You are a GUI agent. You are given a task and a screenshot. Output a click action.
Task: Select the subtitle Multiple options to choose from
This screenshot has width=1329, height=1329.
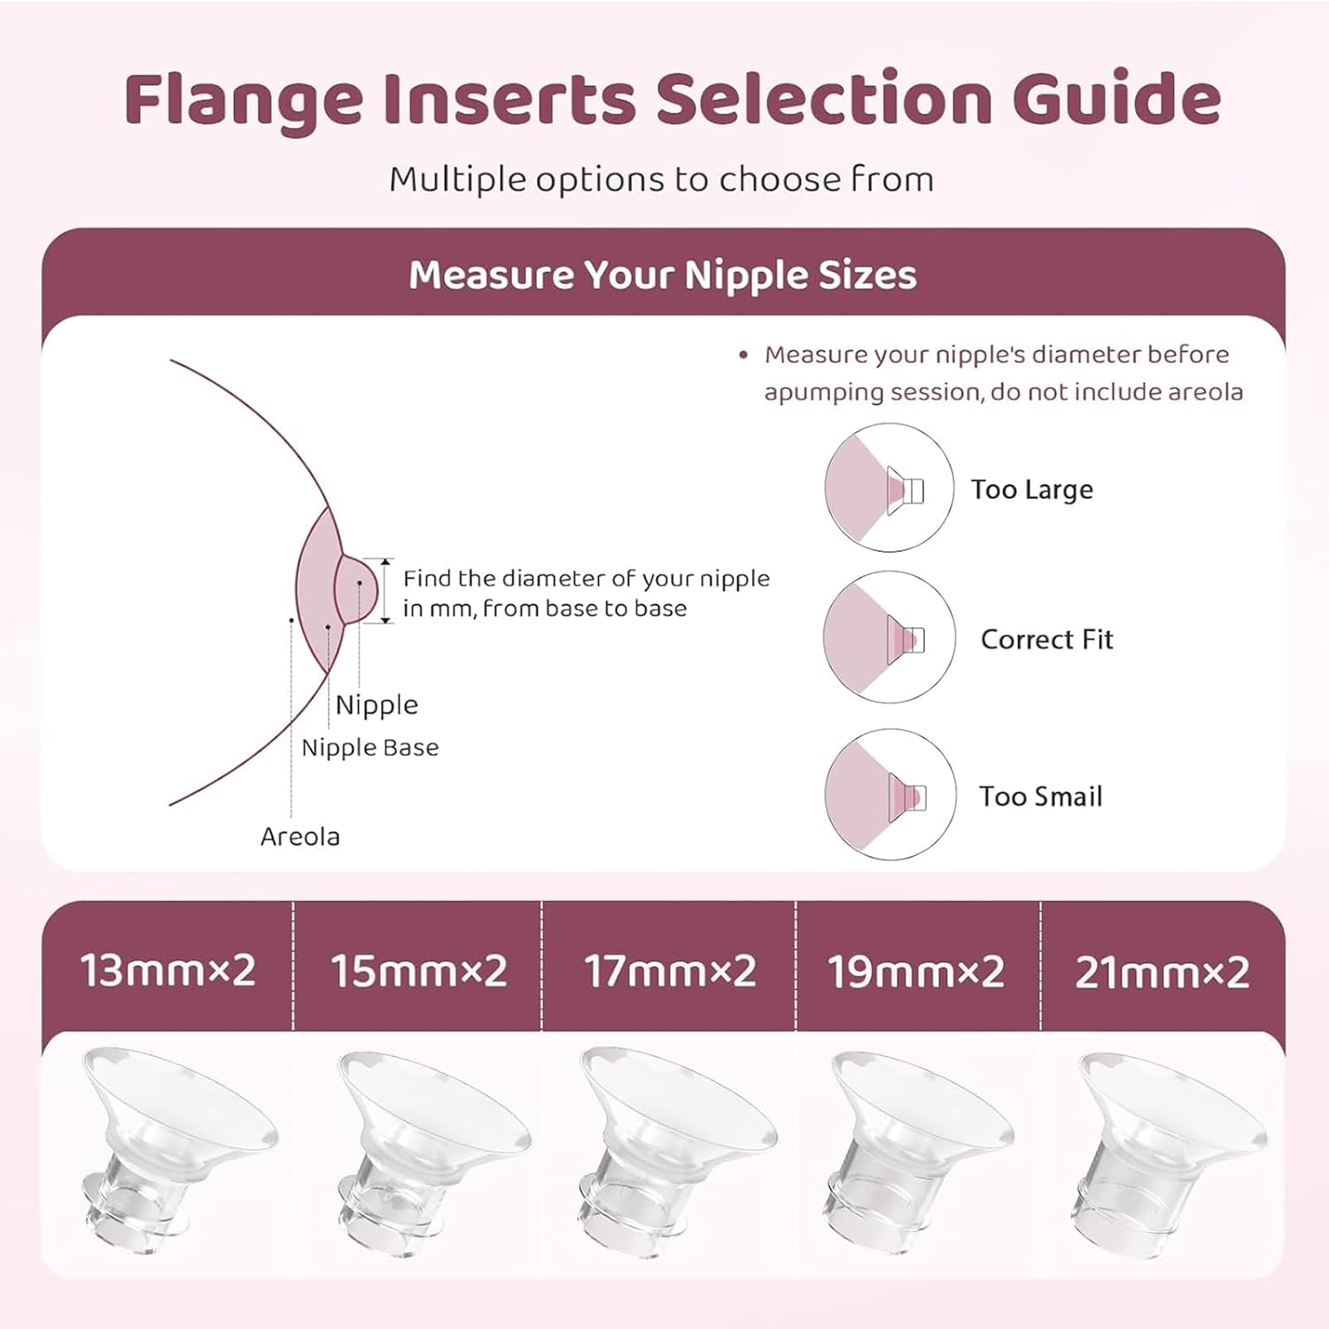click(662, 180)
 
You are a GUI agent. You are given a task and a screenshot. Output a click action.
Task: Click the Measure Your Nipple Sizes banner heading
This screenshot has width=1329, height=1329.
click(663, 275)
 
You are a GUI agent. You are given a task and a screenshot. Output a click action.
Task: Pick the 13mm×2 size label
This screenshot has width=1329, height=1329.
click(168, 970)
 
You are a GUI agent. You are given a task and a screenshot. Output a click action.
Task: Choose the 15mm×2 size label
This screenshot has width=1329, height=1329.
click(419, 971)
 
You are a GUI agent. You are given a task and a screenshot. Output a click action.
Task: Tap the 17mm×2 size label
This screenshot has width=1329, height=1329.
click(670, 971)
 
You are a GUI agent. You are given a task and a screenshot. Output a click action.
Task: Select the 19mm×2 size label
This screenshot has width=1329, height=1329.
click(916, 972)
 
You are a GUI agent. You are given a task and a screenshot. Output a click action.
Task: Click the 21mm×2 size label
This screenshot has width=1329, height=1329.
click(1162, 972)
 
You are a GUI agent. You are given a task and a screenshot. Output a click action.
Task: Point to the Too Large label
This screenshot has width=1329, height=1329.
click(1031, 490)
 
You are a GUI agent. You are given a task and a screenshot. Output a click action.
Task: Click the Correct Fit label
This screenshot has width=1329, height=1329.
click(1046, 640)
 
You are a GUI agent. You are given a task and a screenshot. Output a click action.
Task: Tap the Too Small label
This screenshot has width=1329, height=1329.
click(1040, 797)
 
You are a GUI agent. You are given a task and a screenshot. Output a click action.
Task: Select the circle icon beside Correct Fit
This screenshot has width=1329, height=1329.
click(890, 637)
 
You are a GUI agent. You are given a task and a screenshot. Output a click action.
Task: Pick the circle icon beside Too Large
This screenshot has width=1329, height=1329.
click(890, 487)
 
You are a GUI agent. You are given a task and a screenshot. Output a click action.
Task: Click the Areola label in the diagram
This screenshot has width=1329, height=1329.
click(299, 836)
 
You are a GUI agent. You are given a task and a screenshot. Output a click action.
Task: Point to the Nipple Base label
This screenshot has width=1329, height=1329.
click(369, 748)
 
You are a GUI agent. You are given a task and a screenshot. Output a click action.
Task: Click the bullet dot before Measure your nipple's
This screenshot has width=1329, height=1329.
click(743, 355)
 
